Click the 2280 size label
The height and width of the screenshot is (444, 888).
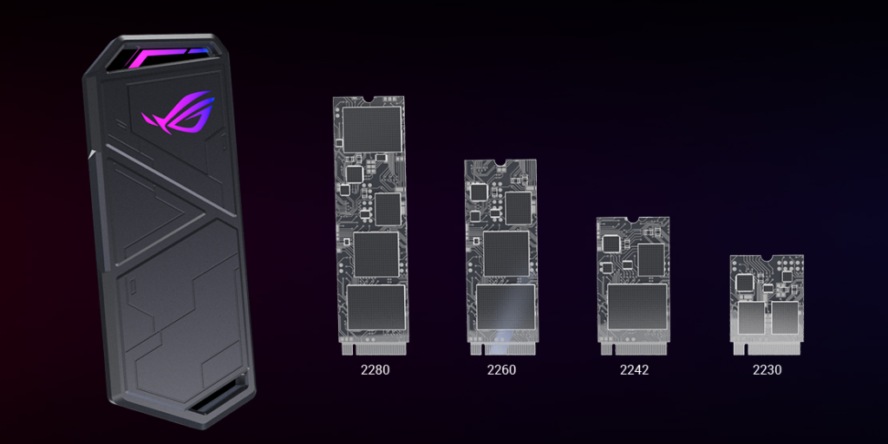(375, 369)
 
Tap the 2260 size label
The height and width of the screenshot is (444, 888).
(501, 369)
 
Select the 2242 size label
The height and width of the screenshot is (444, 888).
(634, 369)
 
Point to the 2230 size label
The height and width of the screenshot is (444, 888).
(767, 369)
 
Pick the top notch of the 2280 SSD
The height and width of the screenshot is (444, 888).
(368, 100)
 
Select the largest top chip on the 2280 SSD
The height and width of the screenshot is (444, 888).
(372, 129)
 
